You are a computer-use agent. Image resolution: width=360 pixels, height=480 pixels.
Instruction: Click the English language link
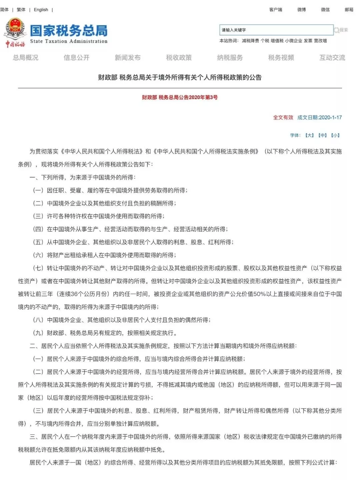tap(41, 10)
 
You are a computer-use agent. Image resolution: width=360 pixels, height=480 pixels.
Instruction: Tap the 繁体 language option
tap(21, 10)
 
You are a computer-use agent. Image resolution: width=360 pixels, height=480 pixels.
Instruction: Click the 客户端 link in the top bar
tap(275, 10)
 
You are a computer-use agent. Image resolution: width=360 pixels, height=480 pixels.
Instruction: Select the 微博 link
tap(301, 10)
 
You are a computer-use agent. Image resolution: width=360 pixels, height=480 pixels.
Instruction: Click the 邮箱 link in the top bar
tap(349, 10)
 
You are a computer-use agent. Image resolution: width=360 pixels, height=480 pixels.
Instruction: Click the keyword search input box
tap(276, 30)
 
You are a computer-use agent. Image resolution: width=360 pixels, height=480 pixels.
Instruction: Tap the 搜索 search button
tap(341, 30)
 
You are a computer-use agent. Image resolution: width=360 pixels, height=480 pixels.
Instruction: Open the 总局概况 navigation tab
tap(26, 58)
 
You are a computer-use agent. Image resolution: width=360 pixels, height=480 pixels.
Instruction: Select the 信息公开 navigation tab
tap(77, 58)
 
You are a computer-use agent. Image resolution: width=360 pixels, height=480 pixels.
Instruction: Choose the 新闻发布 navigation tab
tap(128, 58)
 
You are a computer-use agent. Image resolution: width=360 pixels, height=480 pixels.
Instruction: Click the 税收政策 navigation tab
tap(179, 58)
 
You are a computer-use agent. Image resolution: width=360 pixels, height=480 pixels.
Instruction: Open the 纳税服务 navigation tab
tap(230, 58)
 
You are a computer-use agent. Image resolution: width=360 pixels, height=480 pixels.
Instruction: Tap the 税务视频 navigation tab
tap(281, 58)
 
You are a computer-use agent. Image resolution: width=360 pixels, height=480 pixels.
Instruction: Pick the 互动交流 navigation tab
tap(332, 58)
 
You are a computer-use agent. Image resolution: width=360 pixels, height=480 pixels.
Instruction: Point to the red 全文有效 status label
tap(283, 117)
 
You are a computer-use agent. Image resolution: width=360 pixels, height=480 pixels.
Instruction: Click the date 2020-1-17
tap(330, 117)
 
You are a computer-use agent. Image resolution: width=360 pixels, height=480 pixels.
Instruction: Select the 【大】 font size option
tap(310, 135)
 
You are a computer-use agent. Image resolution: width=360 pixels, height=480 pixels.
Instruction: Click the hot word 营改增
tap(320, 41)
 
